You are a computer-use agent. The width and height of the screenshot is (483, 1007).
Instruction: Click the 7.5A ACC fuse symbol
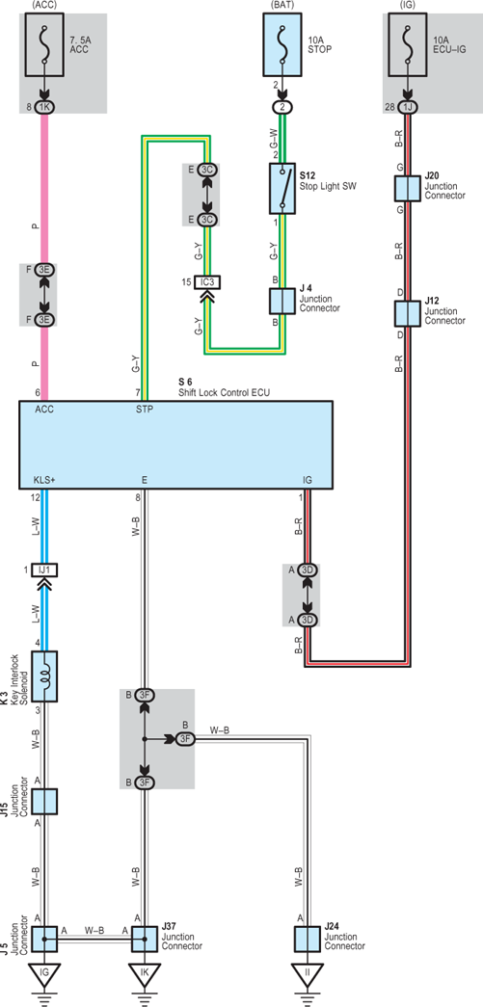(x=45, y=44)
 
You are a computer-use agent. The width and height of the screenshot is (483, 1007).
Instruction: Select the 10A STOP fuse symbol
(x=282, y=44)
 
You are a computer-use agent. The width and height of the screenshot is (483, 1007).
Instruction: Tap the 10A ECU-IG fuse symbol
(x=407, y=44)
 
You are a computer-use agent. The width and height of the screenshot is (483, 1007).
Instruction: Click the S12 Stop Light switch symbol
(x=282, y=188)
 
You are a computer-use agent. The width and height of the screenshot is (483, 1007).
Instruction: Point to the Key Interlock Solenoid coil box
(x=45, y=676)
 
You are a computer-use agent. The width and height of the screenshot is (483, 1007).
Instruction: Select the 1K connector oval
(x=45, y=107)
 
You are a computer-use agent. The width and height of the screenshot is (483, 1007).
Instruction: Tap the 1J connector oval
(x=407, y=107)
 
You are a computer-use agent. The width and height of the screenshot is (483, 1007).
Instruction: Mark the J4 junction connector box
(x=282, y=301)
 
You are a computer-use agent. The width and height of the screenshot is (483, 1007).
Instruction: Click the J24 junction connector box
(x=308, y=939)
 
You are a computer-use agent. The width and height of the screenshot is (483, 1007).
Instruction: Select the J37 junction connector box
(x=145, y=939)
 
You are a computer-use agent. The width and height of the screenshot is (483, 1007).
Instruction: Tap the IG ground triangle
(x=45, y=973)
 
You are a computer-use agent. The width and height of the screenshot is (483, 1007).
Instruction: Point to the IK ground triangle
(x=145, y=973)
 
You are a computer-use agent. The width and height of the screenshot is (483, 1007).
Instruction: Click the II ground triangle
(x=308, y=973)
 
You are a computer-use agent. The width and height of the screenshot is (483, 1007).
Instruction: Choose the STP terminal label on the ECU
(x=145, y=409)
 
